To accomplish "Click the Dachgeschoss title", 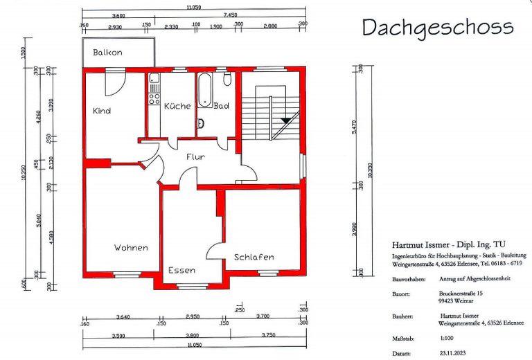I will click(x=437, y=27).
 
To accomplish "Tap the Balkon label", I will click(x=108, y=53).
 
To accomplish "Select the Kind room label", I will click(x=102, y=111).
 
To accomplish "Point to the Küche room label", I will click(x=177, y=106).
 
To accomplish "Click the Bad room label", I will click(x=221, y=106).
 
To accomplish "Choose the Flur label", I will click(x=195, y=156).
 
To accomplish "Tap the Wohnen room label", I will click(x=132, y=247).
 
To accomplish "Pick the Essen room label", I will click(x=181, y=270).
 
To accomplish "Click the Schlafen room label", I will click(x=253, y=257).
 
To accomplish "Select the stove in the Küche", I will click(x=154, y=98).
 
